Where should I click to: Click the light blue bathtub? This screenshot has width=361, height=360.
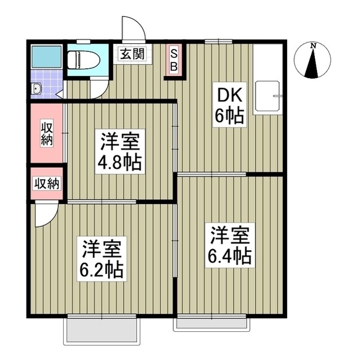45,57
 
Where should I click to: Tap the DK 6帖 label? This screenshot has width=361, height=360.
228,106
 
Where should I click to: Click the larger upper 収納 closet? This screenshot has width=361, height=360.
47,133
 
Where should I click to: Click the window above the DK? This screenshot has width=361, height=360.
218,41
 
